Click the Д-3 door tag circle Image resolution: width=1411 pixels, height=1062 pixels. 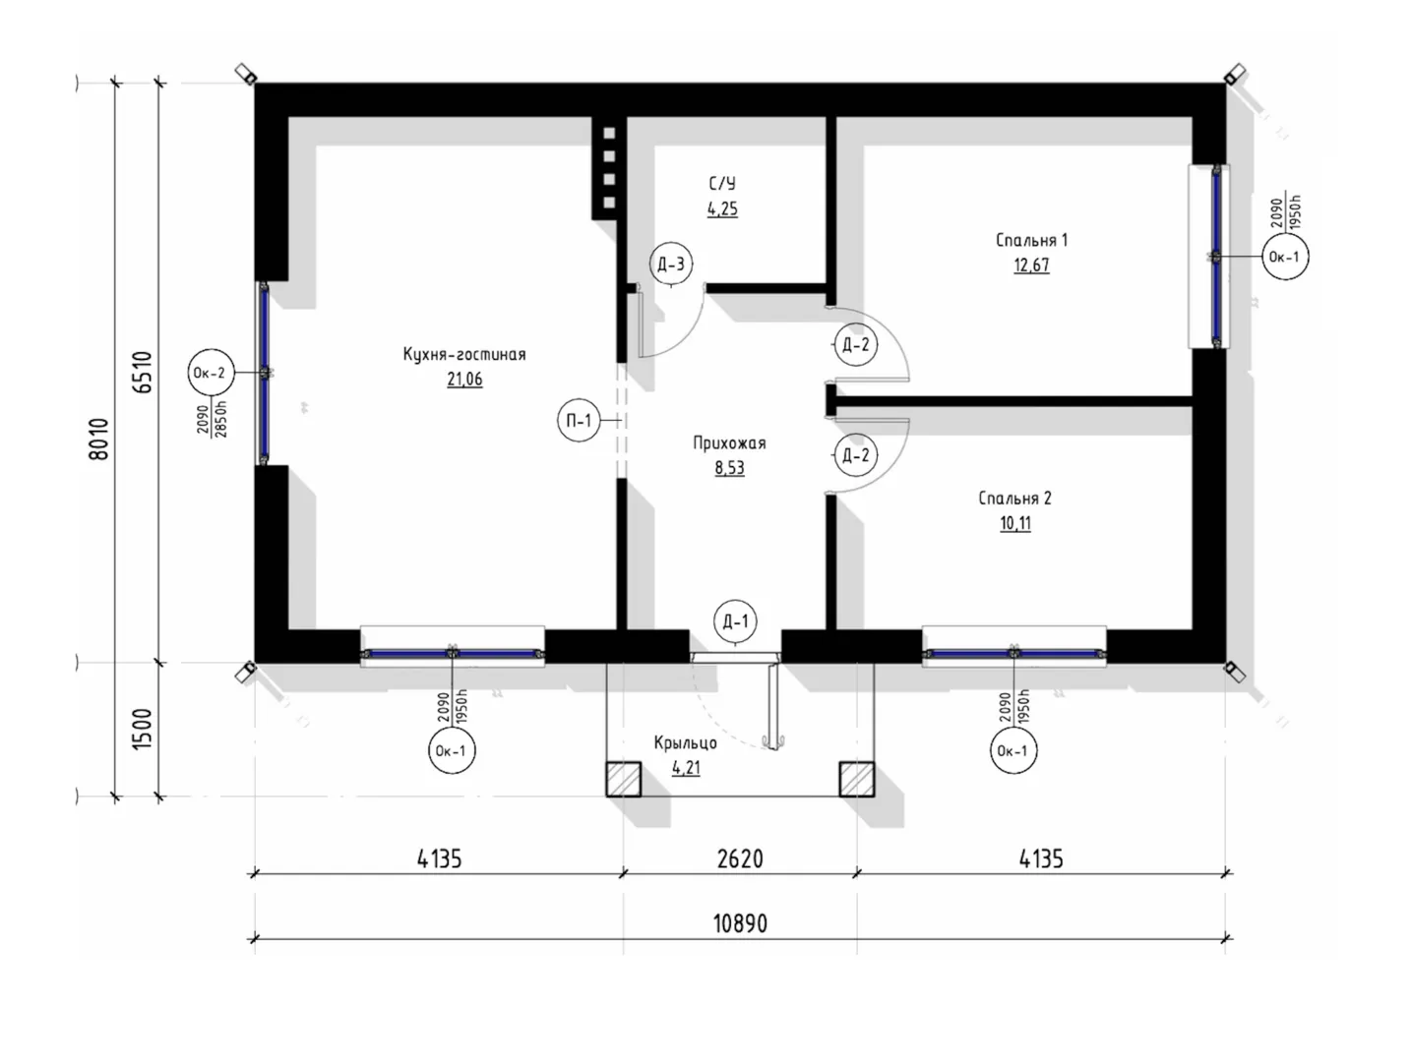click(x=671, y=264)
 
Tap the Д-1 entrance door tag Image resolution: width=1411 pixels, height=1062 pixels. click(x=735, y=621)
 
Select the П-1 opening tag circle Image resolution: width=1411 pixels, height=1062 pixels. click(x=579, y=421)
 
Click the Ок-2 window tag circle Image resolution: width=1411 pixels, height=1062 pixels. click(x=211, y=373)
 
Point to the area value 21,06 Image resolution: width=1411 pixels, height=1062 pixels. click(x=464, y=379)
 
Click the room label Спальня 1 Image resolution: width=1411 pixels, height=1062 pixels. click(x=1032, y=240)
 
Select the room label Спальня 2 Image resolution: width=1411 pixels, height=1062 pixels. click(x=1015, y=498)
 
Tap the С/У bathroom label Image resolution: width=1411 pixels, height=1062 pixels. click(x=722, y=183)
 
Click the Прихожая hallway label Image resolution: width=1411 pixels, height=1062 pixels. click(x=729, y=443)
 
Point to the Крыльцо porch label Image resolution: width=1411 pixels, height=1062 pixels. click(x=685, y=742)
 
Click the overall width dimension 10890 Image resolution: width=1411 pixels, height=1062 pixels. click(x=741, y=923)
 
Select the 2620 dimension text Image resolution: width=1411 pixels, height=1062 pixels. click(x=740, y=858)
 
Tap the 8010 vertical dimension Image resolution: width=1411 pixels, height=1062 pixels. click(x=99, y=439)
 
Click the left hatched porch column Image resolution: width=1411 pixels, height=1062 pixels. click(x=624, y=780)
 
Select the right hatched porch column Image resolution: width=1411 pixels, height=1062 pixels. click(x=857, y=780)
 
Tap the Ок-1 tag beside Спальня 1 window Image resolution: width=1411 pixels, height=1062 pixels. click(x=1285, y=257)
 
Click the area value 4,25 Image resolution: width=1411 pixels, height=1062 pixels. click(x=722, y=209)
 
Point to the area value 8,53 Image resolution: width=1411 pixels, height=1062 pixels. click(x=729, y=468)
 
